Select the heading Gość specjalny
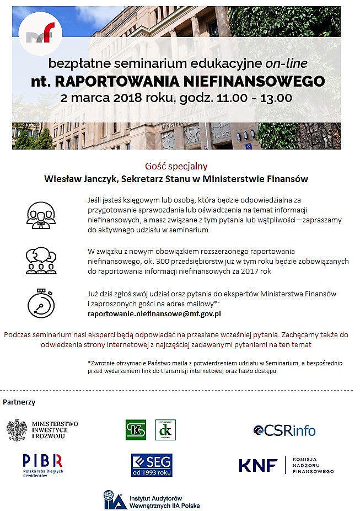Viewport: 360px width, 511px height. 176,166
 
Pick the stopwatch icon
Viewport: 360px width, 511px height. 41,302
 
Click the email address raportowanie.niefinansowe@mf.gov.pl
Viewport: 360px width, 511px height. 154,313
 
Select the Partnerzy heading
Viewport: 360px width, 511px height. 19,402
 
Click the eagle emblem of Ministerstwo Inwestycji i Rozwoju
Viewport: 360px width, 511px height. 17,430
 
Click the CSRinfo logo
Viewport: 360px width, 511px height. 284,430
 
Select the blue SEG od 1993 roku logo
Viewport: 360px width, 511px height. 152,464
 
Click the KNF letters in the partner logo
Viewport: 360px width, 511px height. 258,465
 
